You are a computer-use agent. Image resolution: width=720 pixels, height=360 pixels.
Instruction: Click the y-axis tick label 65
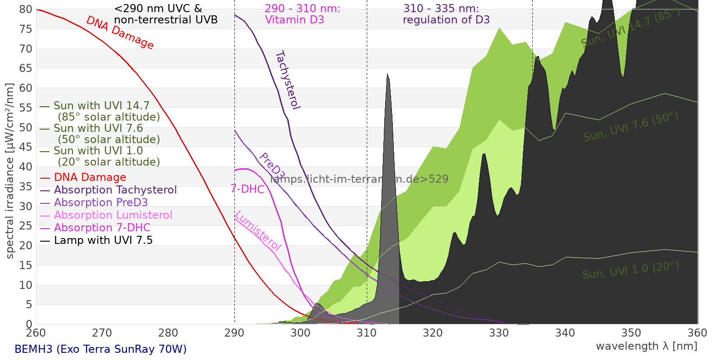pyautogui.click(x=26, y=68)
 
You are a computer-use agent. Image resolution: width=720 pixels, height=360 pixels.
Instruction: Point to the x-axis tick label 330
pyautogui.click(x=499, y=333)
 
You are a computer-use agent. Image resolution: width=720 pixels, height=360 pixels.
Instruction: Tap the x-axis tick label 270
pyautogui.click(x=102, y=333)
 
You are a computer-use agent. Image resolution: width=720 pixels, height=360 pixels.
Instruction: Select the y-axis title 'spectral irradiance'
pyautogui.click(x=10, y=171)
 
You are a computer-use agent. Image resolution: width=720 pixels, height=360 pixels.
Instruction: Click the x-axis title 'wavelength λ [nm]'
pyautogui.click(x=646, y=346)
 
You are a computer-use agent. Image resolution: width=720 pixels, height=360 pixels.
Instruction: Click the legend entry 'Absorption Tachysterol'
pyautogui.click(x=115, y=190)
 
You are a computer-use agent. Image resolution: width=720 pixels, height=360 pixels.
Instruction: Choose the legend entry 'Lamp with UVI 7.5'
pyautogui.click(x=103, y=240)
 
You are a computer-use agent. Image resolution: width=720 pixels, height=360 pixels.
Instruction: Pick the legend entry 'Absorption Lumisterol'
pyautogui.click(x=113, y=215)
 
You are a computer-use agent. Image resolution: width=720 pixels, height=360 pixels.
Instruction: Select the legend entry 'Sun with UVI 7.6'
pyautogui.click(x=98, y=128)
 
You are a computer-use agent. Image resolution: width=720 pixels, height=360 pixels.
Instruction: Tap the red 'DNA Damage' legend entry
pyautogui.click(x=90, y=177)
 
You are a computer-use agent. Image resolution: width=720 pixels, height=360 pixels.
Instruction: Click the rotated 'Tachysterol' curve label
pyautogui.click(x=287, y=80)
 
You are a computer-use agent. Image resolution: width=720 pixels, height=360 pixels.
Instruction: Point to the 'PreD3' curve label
pyautogui.click(x=272, y=167)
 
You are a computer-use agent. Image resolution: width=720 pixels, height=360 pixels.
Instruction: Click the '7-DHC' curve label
pyautogui.click(x=247, y=189)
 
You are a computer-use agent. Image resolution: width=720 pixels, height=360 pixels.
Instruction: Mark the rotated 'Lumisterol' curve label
pyautogui.click(x=258, y=230)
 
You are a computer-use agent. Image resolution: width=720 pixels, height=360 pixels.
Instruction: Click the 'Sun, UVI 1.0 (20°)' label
pyautogui.click(x=630, y=270)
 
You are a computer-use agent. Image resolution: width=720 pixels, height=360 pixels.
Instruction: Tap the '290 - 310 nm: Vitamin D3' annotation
pyautogui.click(x=302, y=14)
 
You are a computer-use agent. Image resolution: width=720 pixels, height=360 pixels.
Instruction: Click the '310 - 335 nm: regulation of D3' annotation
pyautogui.click(x=446, y=14)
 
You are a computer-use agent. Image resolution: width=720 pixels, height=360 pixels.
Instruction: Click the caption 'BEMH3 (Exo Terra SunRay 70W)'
pyautogui.click(x=100, y=349)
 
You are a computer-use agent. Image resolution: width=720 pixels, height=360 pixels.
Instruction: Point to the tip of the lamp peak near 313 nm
pyautogui.click(x=387, y=74)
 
